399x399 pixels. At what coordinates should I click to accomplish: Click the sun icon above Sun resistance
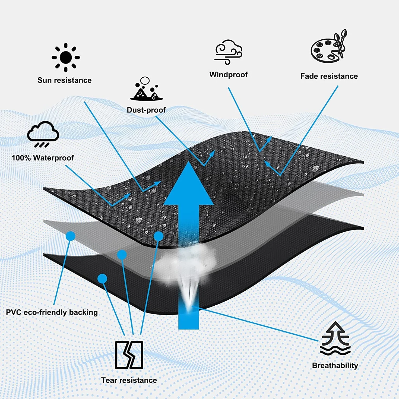[x=66, y=57]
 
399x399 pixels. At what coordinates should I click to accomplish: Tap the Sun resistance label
[x=64, y=80]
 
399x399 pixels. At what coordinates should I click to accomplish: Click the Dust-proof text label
[x=146, y=110]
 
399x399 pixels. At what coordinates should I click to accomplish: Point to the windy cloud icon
[x=228, y=52]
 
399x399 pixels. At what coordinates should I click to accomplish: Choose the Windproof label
[x=228, y=75]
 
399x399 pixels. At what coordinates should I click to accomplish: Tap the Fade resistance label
[x=329, y=76]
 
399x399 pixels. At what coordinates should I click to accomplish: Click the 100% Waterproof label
[x=43, y=158]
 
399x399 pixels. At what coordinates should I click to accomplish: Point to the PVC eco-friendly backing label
[x=52, y=312]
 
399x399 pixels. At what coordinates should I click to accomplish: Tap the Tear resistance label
[x=129, y=380]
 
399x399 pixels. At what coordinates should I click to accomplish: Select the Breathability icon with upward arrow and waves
[x=335, y=338]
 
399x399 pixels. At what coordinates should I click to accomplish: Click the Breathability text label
[x=335, y=365]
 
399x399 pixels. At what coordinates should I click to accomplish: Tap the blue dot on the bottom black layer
[x=102, y=279]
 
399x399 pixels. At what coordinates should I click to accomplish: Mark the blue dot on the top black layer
[x=159, y=236]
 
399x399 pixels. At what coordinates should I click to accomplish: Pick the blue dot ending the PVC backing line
[x=71, y=236]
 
